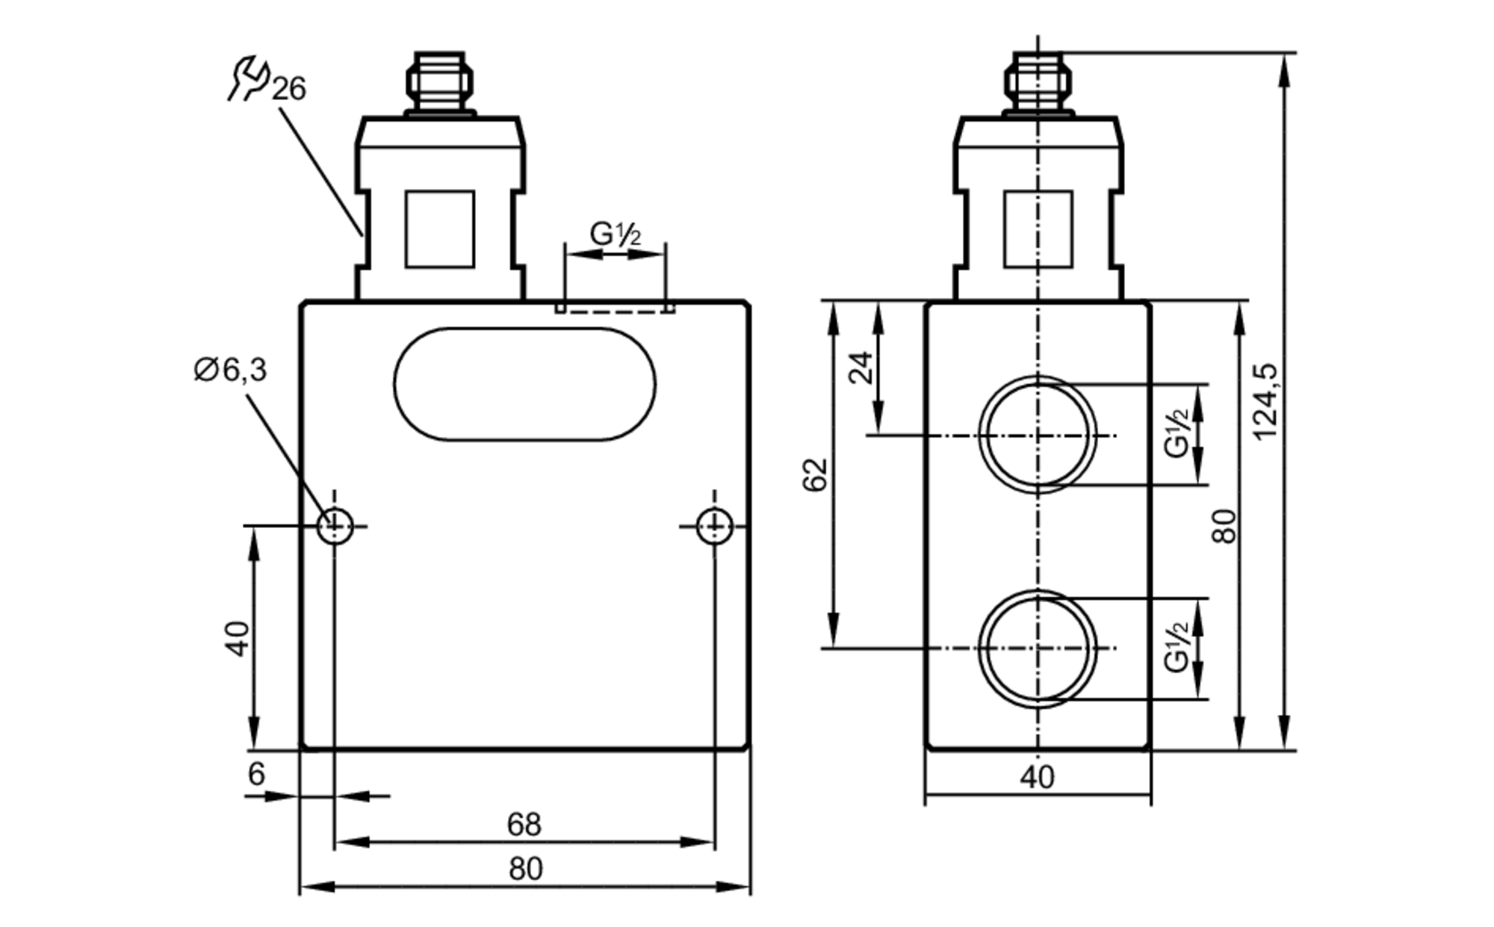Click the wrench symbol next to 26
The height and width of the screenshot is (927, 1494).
pyautogui.click(x=248, y=77)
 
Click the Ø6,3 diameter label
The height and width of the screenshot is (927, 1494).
pyautogui.click(x=230, y=370)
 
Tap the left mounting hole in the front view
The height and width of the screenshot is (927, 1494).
pyautogui.click(x=335, y=526)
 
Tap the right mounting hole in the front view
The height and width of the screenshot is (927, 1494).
pyautogui.click(x=714, y=526)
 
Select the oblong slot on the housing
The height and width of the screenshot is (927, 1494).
pyautogui.click(x=524, y=384)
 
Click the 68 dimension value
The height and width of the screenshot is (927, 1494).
pyautogui.click(x=523, y=825)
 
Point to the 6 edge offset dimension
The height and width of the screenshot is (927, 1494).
pyautogui.click(x=256, y=775)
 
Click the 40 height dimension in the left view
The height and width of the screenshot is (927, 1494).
pyautogui.click(x=238, y=638)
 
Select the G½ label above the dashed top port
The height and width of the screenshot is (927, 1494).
pyautogui.click(x=615, y=235)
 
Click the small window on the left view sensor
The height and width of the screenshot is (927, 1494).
pyautogui.click(x=439, y=229)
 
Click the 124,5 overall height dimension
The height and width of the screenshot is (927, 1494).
pyautogui.click(x=1265, y=401)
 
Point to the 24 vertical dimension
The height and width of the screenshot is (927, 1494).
pyautogui.click(x=861, y=367)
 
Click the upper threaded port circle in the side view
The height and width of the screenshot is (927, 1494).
pyautogui.click(x=1038, y=435)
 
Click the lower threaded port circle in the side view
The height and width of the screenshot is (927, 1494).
pyautogui.click(x=1038, y=648)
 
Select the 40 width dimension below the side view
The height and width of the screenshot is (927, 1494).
pyautogui.click(x=1037, y=778)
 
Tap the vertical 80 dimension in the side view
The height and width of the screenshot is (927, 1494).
pyautogui.click(x=1224, y=525)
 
